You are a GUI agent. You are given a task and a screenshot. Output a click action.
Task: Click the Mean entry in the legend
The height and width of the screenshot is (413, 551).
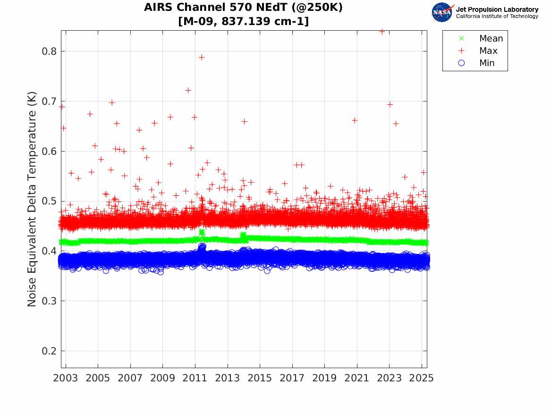coord(491,39)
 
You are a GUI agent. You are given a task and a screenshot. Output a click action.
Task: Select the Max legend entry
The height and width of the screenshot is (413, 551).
coord(488,51)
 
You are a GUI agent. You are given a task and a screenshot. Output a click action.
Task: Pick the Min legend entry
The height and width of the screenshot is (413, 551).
coord(487,63)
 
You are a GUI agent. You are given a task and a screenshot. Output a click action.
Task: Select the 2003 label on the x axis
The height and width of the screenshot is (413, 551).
coord(66,378)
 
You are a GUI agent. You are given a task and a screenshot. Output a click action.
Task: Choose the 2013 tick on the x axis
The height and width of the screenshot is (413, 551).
coord(228,378)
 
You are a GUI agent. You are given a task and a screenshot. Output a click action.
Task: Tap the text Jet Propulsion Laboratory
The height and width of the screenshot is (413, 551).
coord(497,9)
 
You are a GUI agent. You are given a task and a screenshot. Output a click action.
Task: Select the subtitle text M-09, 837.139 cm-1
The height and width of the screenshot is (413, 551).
coord(244,21)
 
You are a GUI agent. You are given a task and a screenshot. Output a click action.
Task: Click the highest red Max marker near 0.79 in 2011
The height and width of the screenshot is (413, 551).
coord(202,57)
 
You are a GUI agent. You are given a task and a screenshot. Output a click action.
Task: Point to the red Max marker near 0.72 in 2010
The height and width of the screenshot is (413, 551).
coord(188,90)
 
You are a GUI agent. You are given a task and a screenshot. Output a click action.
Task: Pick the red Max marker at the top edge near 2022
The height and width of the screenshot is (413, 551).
coord(382,31)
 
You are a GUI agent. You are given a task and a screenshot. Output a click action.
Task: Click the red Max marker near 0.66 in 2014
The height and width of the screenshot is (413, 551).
coord(244,121)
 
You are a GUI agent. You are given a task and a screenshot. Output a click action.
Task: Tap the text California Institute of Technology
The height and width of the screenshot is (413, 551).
coord(497,17)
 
